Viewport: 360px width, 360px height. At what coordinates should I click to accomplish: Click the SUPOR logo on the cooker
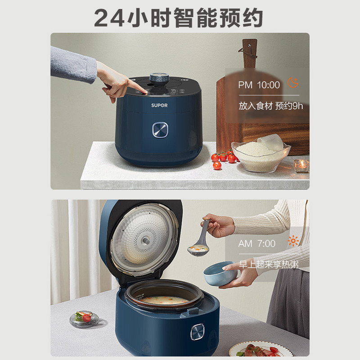[159, 105]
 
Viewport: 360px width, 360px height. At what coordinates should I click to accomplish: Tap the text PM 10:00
[259, 85]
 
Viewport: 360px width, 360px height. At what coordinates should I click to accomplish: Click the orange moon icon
[293, 82]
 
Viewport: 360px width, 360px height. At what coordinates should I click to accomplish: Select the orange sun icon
[293, 241]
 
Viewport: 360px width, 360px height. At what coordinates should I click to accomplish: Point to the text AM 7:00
[256, 243]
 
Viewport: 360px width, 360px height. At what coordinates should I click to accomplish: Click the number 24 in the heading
[109, 18]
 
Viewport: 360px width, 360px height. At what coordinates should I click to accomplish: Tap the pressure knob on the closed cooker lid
[159, 78]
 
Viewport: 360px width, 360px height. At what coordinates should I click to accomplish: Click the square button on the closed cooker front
[160, 130]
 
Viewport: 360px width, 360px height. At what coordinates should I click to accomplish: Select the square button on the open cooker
[198, 332]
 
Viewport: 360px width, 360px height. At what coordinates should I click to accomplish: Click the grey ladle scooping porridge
[200, 242]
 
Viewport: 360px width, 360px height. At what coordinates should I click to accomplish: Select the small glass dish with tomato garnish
[84, 319]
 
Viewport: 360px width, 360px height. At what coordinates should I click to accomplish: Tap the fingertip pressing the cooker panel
[145, 92]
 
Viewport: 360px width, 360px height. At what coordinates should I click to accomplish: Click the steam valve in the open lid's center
[145, 241]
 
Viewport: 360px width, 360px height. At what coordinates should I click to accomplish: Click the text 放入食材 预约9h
[271, 106]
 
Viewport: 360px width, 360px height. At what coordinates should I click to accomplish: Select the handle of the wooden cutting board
[250, 53]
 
